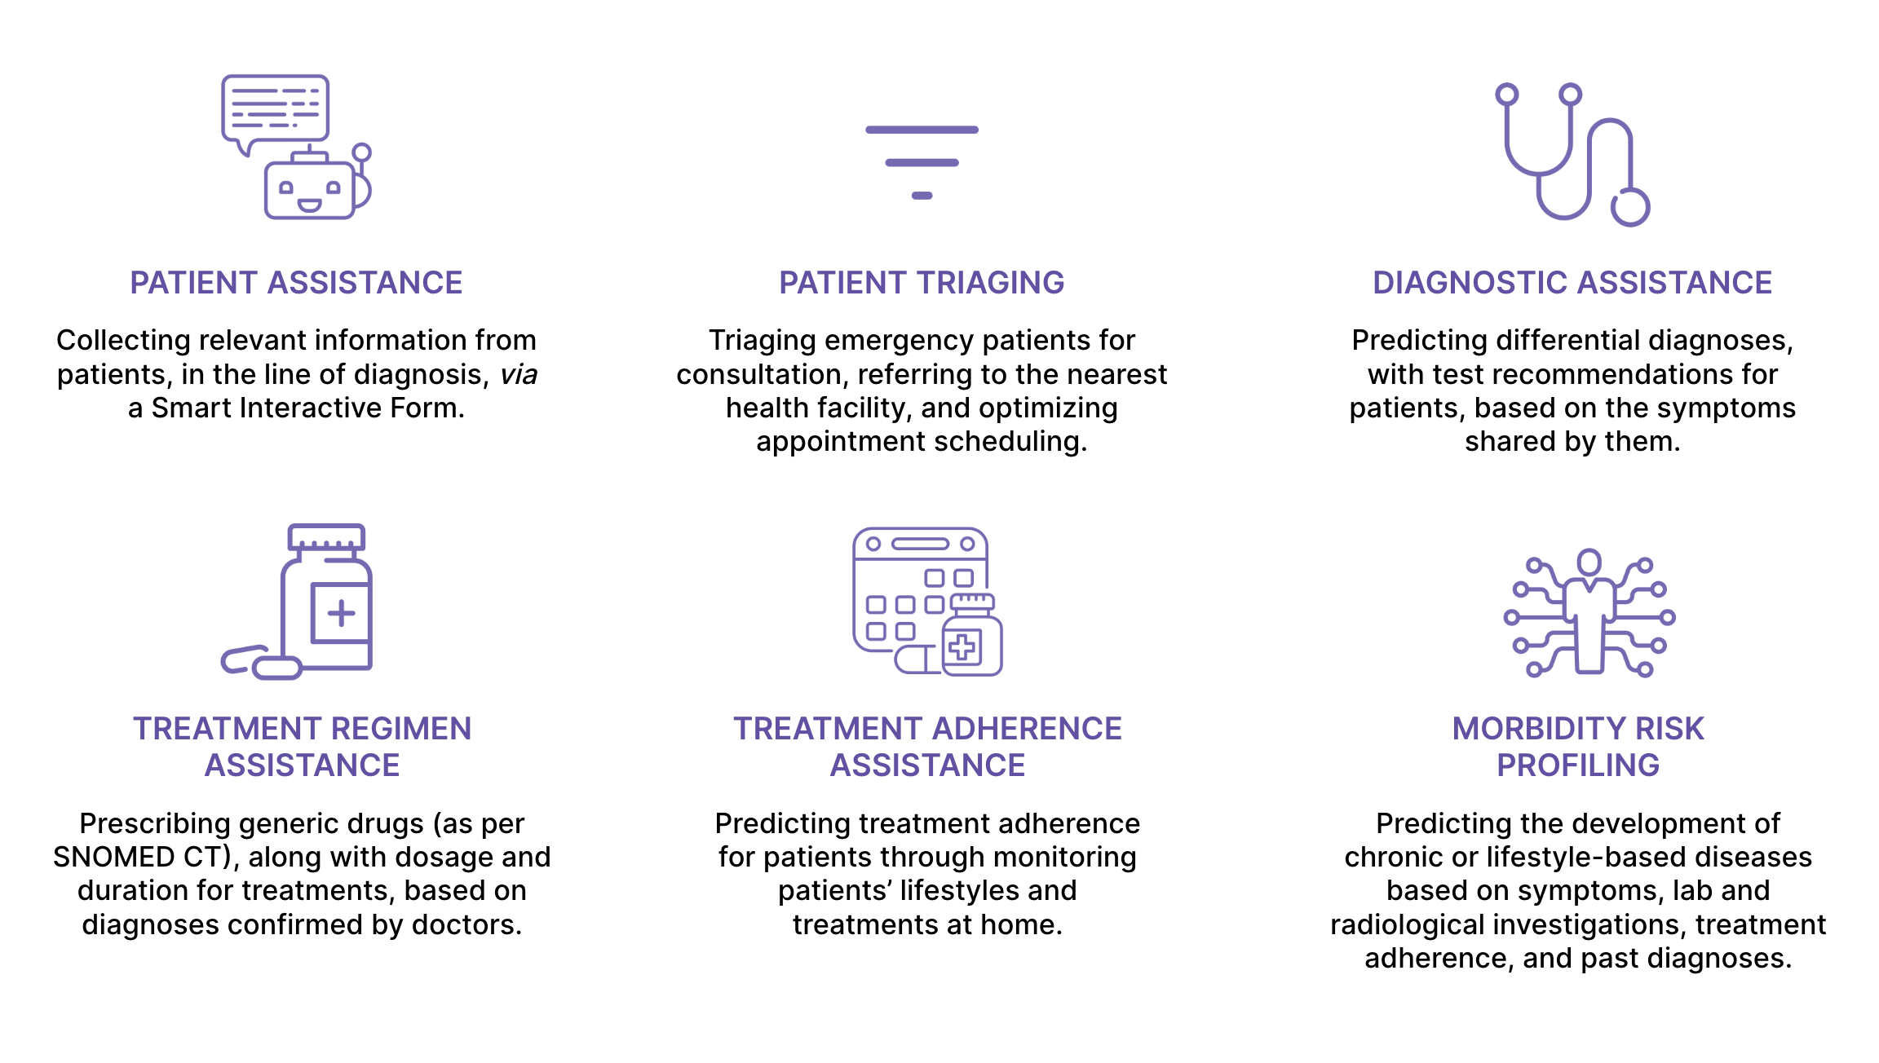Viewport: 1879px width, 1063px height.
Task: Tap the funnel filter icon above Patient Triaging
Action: (x=922, y=162)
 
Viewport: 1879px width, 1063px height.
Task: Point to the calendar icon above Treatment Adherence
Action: (x=927, y=602)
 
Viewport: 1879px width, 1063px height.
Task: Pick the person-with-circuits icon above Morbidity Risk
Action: (x=1589, y=613)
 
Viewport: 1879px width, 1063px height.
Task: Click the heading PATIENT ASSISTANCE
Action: (x=296, y=283)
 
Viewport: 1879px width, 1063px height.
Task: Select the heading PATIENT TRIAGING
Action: (x=922, y=283)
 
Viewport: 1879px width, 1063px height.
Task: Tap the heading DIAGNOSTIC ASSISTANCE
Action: (x=1572, y=283)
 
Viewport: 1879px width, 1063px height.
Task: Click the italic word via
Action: (x=519, y=374)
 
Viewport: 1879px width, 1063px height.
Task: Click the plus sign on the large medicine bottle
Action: (x=342, y=613)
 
